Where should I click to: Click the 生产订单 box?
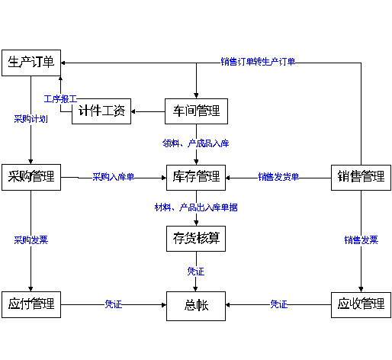pos(31,63)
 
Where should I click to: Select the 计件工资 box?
pos(101,111)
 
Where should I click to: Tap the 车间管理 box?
pos(196,111)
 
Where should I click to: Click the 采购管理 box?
pos(31,177)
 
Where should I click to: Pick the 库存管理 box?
pos(196,178)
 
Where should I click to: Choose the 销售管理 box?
pos(361,178)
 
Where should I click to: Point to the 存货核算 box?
pos(196,239)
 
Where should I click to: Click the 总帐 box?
pos(196,306)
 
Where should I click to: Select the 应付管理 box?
pos(31,304)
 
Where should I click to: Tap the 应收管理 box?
pos(361,305)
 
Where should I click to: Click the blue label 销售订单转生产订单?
pos(258,62)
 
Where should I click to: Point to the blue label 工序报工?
pos(60,98)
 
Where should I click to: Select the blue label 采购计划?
pos(31,119)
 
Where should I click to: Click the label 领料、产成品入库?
pos(195,143)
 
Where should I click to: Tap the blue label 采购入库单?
pos(113,177)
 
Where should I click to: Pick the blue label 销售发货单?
pos(278,177)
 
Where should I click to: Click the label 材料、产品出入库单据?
pos(196,207)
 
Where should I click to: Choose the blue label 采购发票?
pos(31,239)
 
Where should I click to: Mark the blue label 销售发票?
pos(361,239)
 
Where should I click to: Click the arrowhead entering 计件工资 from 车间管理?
pos(133,111)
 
